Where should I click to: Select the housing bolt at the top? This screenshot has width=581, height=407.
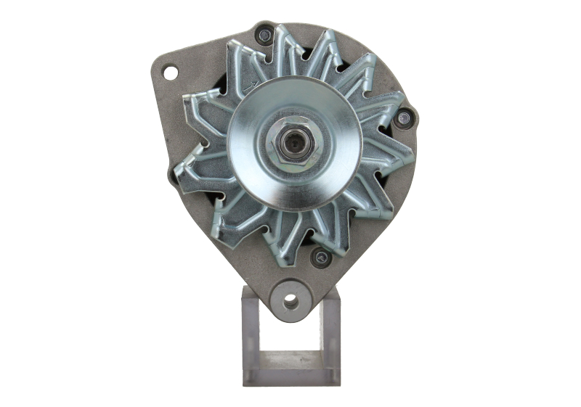pyautogui.click(x=265, y=33)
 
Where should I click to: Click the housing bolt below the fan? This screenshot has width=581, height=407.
pyautogui.click(x=319, y=256)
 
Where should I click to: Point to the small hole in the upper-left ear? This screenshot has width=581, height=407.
pyautogui.click(x=170, y=73)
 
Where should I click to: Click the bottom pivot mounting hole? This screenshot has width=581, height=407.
pyautogui.click(x=291, y=300)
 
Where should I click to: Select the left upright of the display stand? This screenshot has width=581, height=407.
pyautogui.click(x=249, y=334)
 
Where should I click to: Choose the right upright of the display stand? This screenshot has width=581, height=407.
pyautogui.click(x=330, y=334)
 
